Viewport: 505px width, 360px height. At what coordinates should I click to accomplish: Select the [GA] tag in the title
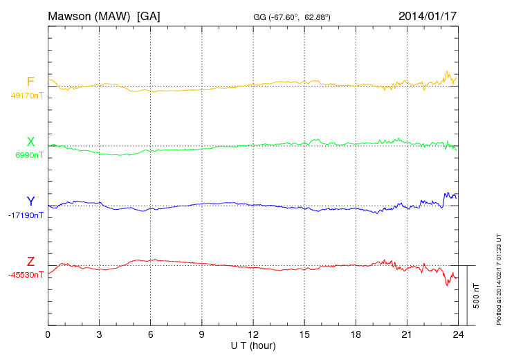pyautogui.click(x=149, y=15)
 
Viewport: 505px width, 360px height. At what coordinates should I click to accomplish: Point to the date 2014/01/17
pyautogui.click(x=428, y=15)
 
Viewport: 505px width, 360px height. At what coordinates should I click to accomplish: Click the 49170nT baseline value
pyautogui.click(x=27, y=96)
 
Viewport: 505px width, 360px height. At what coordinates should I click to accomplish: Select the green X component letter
pyautogui.click(x=30, y=142)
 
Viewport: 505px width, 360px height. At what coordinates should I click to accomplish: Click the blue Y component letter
pyautogui.click(x=30, y=201)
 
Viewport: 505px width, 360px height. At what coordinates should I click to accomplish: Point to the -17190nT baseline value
pyautogui.click(x=26, y=215)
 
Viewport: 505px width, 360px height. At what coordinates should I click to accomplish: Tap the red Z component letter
pyautogui.click(x=30, y=262)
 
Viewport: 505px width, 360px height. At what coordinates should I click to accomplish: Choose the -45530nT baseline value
pyautogui.click(x=26, y=275)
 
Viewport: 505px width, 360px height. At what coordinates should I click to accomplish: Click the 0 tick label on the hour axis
pyautogui.click(x=48, y=335)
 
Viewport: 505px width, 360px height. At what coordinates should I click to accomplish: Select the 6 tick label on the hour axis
pyautogui.click(x=150, y=335)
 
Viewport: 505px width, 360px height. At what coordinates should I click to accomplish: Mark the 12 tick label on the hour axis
pyautogui.click(x=253, y=335)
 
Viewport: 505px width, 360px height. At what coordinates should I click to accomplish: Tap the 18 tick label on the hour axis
pyautogui.click(x=356, y=335)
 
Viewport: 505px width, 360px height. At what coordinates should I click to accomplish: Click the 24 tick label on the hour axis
pyautogui.click(x=458, y=335)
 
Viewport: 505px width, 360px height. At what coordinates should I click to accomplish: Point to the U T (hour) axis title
pyautogui.click(x=253, y=345)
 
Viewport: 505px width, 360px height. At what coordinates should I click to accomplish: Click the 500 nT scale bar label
pyautogui.click(x=477, y=296)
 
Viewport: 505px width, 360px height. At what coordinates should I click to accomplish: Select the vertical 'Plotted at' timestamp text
pyautogui.click(x=498, y=278)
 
